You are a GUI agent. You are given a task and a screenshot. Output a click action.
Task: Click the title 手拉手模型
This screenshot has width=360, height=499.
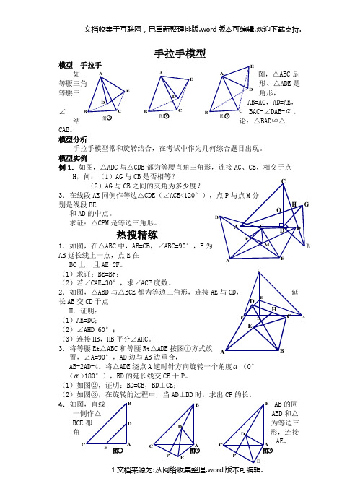(x=180, y=53)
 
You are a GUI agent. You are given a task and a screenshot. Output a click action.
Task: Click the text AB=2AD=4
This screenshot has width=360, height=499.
(x=87, y=366)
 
